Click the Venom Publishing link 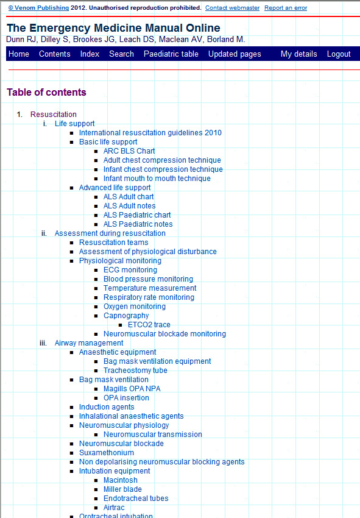click(x=38, y=7)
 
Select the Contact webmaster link click(x=232, y=7)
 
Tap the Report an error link click(x=286, y=7)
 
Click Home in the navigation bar click(x=19, y=54)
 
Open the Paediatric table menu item click(x=171, y=54)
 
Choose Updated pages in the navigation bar click(x=235, y=54)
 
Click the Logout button click(x=339, y=54)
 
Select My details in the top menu click(x=299, y=54)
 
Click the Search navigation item click(x=122, y=54)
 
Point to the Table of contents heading click(x=46, y=92)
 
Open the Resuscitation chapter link click(x=54, y=115)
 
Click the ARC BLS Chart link click(x=129, y=151)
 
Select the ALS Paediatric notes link click(x=138, y=224)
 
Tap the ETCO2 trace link click(x=149, y=325)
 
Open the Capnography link click(x=126, y=316)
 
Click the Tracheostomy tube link click(x=135, y=371)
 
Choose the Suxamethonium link click(x=107, y=453)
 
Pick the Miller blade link click(x=122, y=489)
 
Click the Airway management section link click(x=89, y=343)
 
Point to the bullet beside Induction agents click(x=72, y=407)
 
